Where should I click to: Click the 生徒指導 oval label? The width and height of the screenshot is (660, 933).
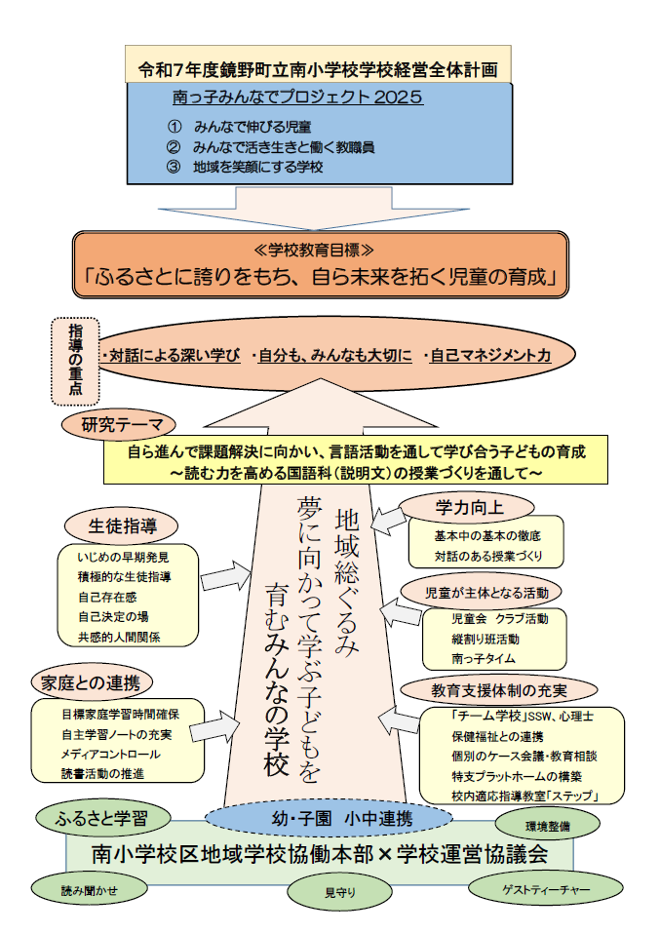[126, 526]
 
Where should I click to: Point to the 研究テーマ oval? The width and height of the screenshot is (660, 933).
[117, 425]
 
